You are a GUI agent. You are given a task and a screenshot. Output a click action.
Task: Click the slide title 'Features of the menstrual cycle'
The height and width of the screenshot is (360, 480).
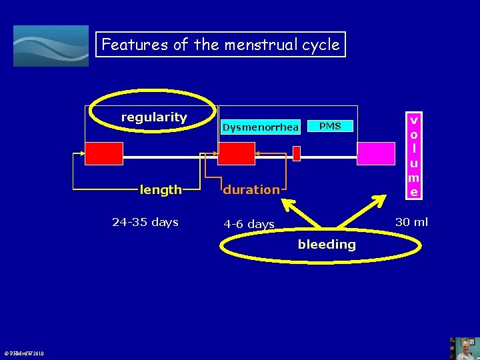[221, 45]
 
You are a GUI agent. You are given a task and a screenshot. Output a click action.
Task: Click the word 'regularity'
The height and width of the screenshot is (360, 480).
[154, 117]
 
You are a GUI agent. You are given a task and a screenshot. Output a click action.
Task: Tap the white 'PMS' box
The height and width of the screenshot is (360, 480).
[330, 126]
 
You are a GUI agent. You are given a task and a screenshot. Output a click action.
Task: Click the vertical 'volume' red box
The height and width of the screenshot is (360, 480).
[414, 156]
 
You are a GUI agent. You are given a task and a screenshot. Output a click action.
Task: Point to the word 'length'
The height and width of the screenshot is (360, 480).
[161, 189]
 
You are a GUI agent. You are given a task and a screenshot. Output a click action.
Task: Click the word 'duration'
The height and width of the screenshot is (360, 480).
[251, 189]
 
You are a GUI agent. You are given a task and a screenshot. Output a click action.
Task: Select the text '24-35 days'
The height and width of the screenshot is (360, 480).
[145, 222]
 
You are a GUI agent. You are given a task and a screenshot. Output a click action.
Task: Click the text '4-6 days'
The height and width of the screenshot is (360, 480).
[249, 224]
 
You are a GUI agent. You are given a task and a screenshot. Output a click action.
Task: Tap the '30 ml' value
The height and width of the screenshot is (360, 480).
[411, 222]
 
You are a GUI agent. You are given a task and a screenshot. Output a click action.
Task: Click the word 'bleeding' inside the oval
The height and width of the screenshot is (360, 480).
[327, 244]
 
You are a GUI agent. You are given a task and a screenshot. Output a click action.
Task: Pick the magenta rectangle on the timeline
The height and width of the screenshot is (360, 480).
[376, 153]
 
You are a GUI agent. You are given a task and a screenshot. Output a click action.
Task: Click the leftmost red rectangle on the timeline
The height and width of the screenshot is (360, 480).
[103, 153]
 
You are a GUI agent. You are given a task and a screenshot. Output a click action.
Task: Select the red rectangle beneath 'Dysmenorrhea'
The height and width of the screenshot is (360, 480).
[237, 153]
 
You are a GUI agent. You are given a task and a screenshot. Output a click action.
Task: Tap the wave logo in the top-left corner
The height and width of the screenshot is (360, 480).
[51, 46]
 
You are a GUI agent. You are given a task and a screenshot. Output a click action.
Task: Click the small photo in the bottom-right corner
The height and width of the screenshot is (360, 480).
[464, 347]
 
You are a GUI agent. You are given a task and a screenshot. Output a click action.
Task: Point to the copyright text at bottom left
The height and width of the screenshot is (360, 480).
[22, 353]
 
